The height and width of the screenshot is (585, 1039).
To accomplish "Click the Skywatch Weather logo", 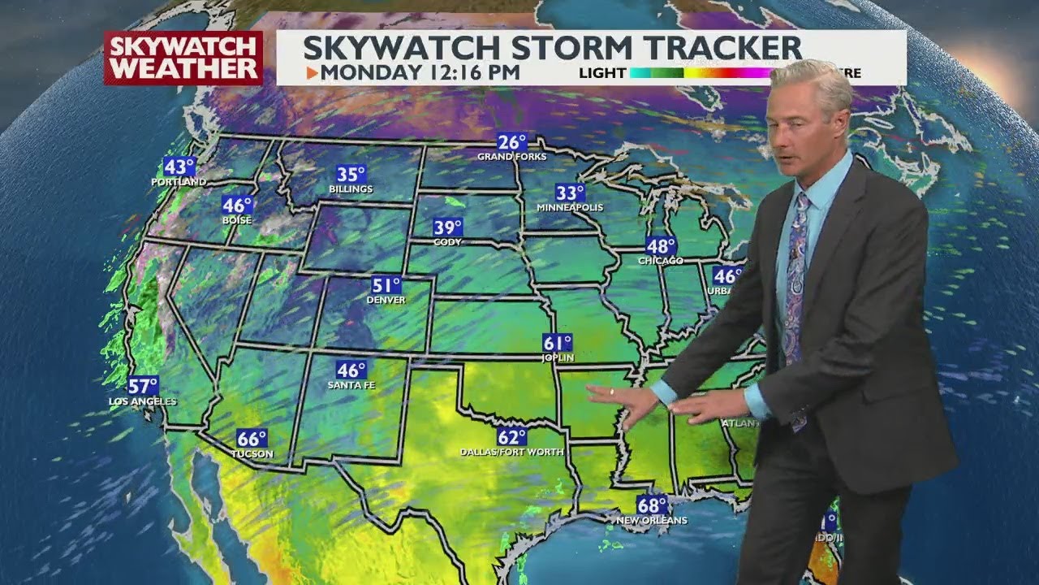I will pos(183,58).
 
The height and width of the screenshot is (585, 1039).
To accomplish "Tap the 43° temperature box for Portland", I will pos(179,167).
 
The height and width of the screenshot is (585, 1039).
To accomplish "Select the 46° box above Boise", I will pos(238,206).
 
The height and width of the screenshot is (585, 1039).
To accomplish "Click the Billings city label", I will pos(351,189).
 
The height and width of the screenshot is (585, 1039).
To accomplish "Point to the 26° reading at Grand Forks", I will pos(512,141).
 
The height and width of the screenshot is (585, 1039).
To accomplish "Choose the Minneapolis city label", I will pos(570,207).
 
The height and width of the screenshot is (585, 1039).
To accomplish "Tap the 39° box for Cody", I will pos(447,227).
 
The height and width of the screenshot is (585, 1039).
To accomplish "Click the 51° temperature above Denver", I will pos(386,285).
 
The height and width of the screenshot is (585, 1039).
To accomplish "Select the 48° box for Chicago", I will pos(661,245).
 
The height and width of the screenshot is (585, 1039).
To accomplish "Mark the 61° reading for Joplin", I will pos(558,343).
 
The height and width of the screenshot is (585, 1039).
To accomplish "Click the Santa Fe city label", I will pos(351,385).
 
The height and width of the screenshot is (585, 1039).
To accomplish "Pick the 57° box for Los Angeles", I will pos(143,386).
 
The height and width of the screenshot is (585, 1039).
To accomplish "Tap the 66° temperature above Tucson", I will pos(252,439).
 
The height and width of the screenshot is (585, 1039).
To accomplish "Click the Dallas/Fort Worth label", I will pos(511,452).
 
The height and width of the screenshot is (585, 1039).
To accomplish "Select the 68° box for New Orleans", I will pos(652,505).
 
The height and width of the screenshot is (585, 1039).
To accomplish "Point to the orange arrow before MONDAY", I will pos(312,72).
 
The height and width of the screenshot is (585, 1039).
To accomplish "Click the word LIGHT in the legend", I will pos(602,73).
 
